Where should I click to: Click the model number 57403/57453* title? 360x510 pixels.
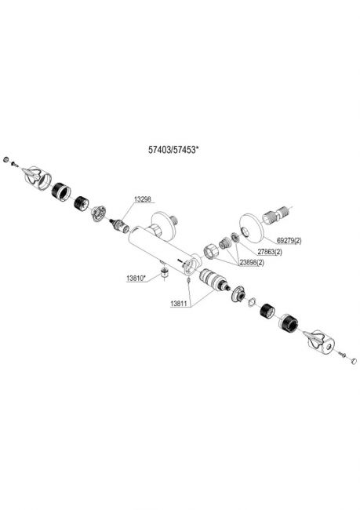pos(173,150)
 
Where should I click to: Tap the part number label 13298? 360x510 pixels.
pos(143,199)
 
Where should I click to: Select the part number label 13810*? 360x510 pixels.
pos(136,278)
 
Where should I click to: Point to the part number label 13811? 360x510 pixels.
pos(179,304)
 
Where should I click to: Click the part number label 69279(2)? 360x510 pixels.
pos(289,241)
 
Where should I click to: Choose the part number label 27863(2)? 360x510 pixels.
pos(270,252)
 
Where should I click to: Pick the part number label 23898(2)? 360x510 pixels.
pos(252,263)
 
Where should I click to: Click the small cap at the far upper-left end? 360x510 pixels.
pos(5,160)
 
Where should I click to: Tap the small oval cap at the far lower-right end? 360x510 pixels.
pos(354,361)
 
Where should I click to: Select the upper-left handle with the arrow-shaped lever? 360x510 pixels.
pos(37,178)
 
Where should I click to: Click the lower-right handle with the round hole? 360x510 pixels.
pos(319,342)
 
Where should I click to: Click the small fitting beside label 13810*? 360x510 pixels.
pos(165,272)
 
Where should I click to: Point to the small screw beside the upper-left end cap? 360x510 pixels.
pos(14,164)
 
